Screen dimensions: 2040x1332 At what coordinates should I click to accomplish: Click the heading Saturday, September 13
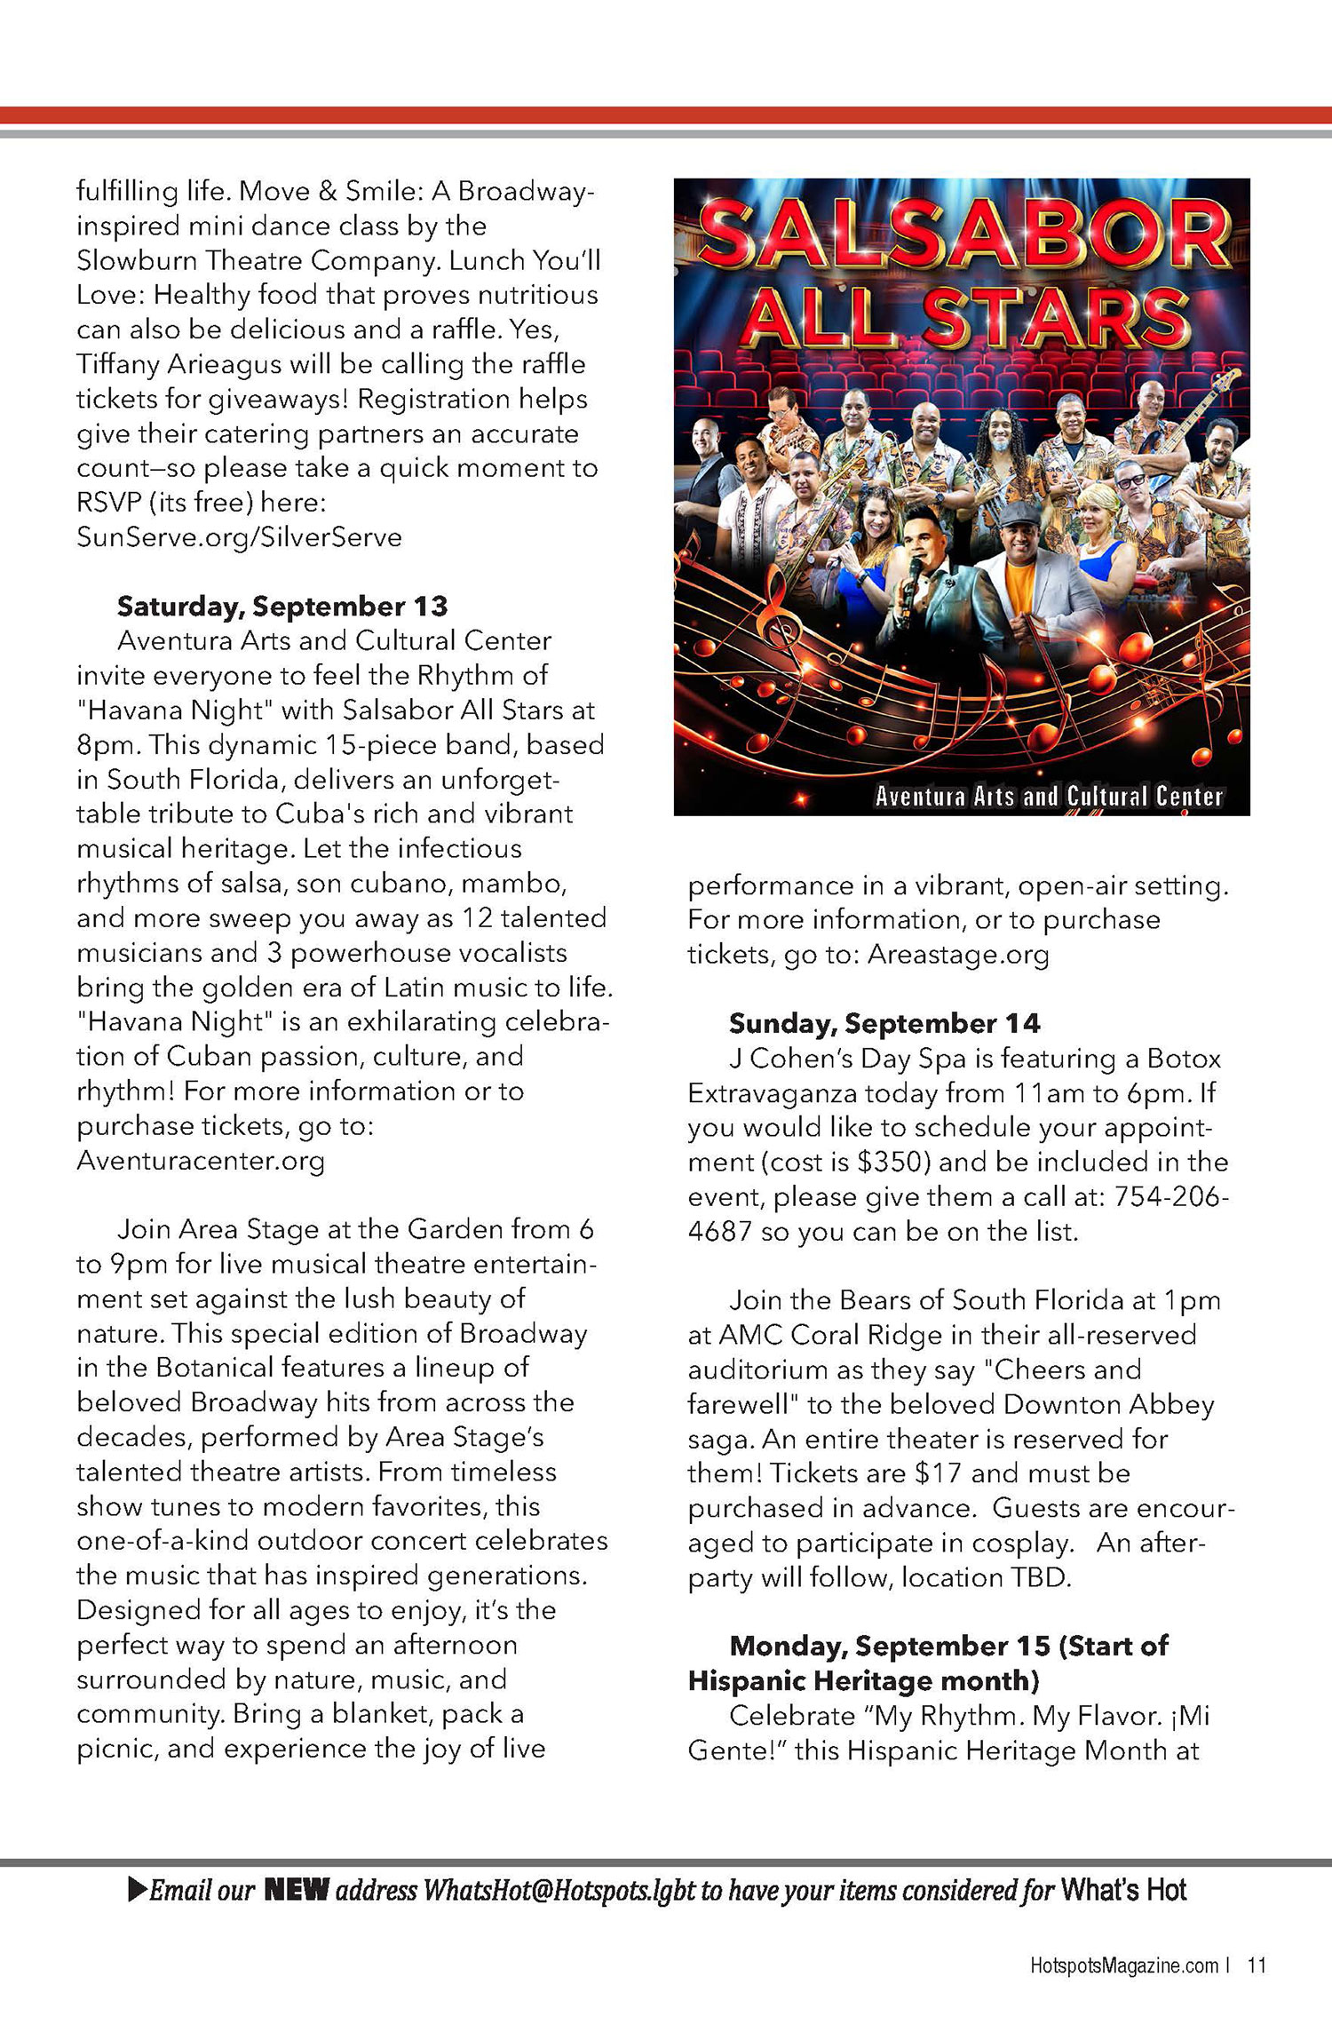pyautogui.click(x=282, y=607)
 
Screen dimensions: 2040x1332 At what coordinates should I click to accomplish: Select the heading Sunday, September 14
pyautogui.click(x=884, y=1023)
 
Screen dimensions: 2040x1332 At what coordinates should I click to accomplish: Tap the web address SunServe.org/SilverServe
pyautogui.click(x=239, y=537)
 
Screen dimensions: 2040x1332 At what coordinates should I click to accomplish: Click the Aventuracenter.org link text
pyautogui.click(x=201, y=1161)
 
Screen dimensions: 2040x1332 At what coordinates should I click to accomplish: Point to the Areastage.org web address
pyautogui.click(x=958, y=954)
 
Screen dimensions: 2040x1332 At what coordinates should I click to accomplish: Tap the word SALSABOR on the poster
pyautogui.click(x=963, y=235)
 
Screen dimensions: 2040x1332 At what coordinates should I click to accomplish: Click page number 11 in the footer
pyautogui.click(x=1257, y=1965)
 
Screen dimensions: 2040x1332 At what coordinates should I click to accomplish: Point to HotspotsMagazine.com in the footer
pyautogui.click(x=1123, y=1965)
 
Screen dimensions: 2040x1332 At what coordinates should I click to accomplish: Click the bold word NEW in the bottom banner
pyautogui.click(x=297, y=1890)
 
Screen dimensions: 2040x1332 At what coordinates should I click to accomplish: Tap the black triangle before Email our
pyautogui.click(x=138, y=1890)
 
